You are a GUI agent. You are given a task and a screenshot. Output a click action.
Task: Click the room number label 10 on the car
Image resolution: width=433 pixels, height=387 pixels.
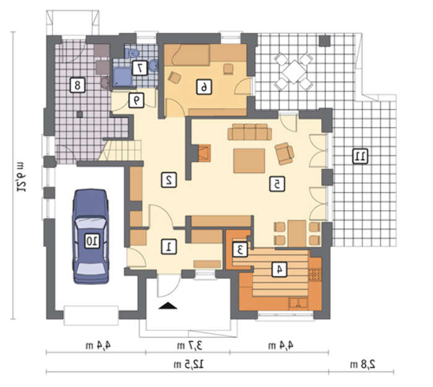coord(92,241)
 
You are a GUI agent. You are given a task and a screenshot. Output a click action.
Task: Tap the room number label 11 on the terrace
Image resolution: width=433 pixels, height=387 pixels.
coord(361,156)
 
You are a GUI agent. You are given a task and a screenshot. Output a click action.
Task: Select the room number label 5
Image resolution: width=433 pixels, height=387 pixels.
coord(277,184)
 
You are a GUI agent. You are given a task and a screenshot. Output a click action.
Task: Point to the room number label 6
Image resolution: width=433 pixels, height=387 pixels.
coord(204,87)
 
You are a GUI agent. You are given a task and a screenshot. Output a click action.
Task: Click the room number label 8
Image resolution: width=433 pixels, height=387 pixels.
coord(77,85)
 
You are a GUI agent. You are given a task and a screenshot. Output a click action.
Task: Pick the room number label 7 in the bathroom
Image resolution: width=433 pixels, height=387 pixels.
coord(140,68)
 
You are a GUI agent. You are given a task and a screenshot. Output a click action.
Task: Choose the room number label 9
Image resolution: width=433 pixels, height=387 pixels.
coord(137,100)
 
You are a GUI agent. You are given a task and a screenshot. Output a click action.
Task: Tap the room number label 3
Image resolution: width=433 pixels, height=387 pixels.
coord(240,250)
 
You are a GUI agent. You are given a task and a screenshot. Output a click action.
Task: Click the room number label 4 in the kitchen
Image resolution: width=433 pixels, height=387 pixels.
coord(279,269)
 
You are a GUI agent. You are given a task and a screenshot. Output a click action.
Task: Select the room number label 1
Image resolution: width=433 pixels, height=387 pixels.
coord(169,247)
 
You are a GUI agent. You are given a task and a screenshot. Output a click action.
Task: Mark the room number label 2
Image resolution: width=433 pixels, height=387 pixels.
coord(169,180)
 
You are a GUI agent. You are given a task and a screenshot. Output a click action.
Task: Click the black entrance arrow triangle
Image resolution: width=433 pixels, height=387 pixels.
coord(168,305)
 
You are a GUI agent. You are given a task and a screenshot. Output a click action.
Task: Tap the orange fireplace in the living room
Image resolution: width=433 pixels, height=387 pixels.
coord(204,153)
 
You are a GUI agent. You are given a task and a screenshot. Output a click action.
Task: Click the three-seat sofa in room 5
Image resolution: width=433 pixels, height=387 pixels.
coord(250,132)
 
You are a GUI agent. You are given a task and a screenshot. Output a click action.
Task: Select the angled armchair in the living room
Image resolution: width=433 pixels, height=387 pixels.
coord(284,153)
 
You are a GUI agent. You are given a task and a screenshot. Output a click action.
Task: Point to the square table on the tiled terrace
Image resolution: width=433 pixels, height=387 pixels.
coord(294,72)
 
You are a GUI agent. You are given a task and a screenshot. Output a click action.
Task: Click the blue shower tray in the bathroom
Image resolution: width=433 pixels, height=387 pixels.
coord(122,77)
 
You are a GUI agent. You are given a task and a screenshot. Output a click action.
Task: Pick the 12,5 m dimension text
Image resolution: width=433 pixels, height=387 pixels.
coord(189,364)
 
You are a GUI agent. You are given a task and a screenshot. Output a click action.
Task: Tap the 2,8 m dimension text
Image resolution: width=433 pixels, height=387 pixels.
coord(363,364)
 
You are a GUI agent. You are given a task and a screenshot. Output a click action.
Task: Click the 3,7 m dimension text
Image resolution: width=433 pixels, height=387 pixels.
coord(189,346)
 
